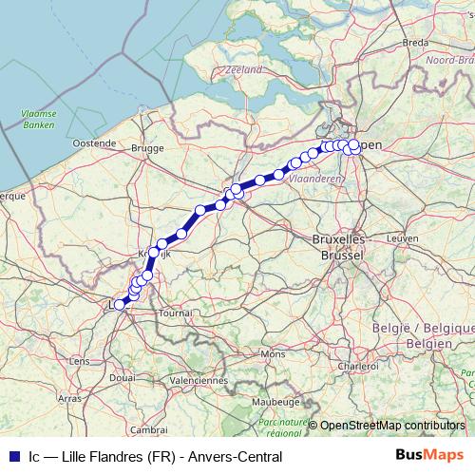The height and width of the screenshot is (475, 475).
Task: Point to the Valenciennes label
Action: [199, 380]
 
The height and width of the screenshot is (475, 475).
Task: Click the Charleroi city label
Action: [358, 365]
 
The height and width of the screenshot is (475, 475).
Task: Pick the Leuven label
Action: [403, 237]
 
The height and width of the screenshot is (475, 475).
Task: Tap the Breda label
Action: [416, 43]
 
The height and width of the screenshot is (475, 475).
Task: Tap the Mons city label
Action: [274, 353]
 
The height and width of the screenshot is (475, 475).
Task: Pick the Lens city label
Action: [80, 361]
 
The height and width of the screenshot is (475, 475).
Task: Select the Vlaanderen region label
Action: [316, 178]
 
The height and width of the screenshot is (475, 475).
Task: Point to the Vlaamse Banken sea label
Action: [39, 119]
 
